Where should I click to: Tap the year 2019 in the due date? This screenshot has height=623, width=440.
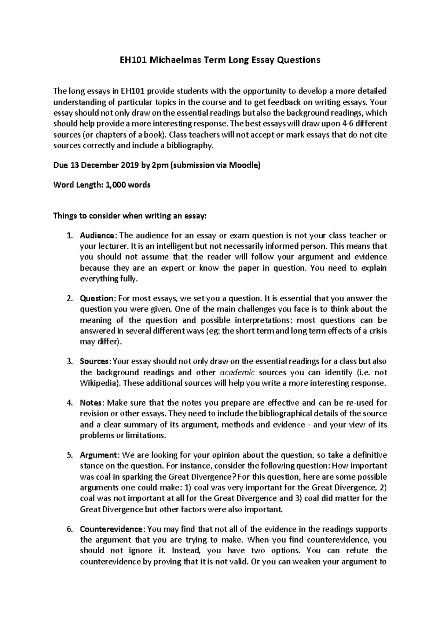point(129,165)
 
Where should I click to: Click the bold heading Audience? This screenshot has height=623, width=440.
point(97,235)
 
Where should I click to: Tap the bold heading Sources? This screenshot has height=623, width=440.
point(94,361)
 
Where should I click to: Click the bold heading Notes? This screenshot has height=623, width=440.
point(92,403)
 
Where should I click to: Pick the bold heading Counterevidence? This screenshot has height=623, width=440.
point(111,529)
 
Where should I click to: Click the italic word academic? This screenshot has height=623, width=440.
point(237,372)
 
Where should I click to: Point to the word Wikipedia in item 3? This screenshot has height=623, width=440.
point(98,383)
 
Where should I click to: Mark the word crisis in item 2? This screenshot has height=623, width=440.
point(377,331)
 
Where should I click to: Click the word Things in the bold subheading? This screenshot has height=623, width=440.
point(65,216)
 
